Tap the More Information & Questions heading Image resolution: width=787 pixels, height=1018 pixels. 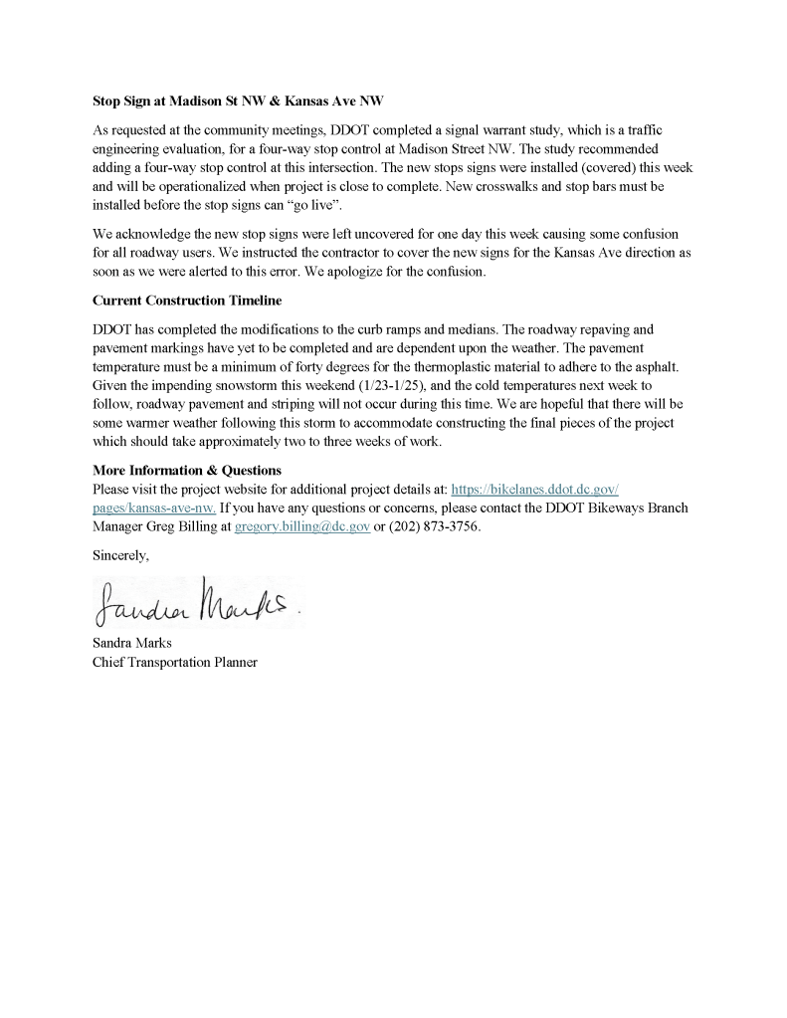coord(187,470)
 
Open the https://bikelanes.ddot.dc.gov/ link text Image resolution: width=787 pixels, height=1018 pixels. coord(535,489)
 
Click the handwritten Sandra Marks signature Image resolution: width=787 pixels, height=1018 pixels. coord(195,601)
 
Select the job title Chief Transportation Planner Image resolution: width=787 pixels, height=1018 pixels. coord(175,662)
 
